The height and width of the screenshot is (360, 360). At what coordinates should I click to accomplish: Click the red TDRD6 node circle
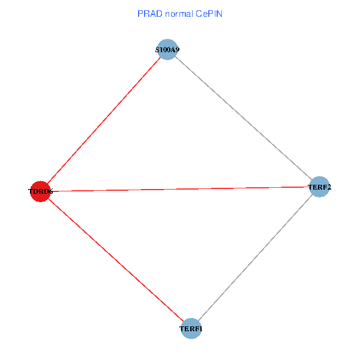pos(40,191)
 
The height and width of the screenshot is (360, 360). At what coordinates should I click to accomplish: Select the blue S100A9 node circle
pos(167,50)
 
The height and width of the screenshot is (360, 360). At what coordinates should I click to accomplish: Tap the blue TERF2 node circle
pos(319,187)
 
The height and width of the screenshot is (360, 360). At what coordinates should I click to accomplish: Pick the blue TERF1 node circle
pos(191,329)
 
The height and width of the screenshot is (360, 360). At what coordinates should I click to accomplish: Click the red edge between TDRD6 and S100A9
pos(104,121)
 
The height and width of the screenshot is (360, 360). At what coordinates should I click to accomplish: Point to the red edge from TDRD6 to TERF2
pos(180,189)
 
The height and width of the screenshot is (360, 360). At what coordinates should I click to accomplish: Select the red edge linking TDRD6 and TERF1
pos(116,260)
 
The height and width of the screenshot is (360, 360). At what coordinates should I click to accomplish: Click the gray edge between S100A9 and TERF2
pos(244,118)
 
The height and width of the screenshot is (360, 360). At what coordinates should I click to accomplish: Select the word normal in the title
pos(179,14)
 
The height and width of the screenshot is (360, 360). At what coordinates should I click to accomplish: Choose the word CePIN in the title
pos(209,14)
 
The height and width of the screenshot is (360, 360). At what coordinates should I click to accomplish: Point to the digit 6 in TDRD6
pos(51,191)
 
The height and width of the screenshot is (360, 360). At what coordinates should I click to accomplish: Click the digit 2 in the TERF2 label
pos(329,187)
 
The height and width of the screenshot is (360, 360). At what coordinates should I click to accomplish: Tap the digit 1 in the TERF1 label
pos(200,329)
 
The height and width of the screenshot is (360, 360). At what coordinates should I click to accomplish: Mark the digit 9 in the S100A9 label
pos(177,50)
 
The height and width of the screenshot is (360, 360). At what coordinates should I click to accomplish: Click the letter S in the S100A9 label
pos(157,50)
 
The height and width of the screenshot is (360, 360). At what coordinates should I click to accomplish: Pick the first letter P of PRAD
pos(140,14)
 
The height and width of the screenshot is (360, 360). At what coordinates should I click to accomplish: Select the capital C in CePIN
pos(199,14)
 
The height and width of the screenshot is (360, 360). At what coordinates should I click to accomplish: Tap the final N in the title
pos(220,14)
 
